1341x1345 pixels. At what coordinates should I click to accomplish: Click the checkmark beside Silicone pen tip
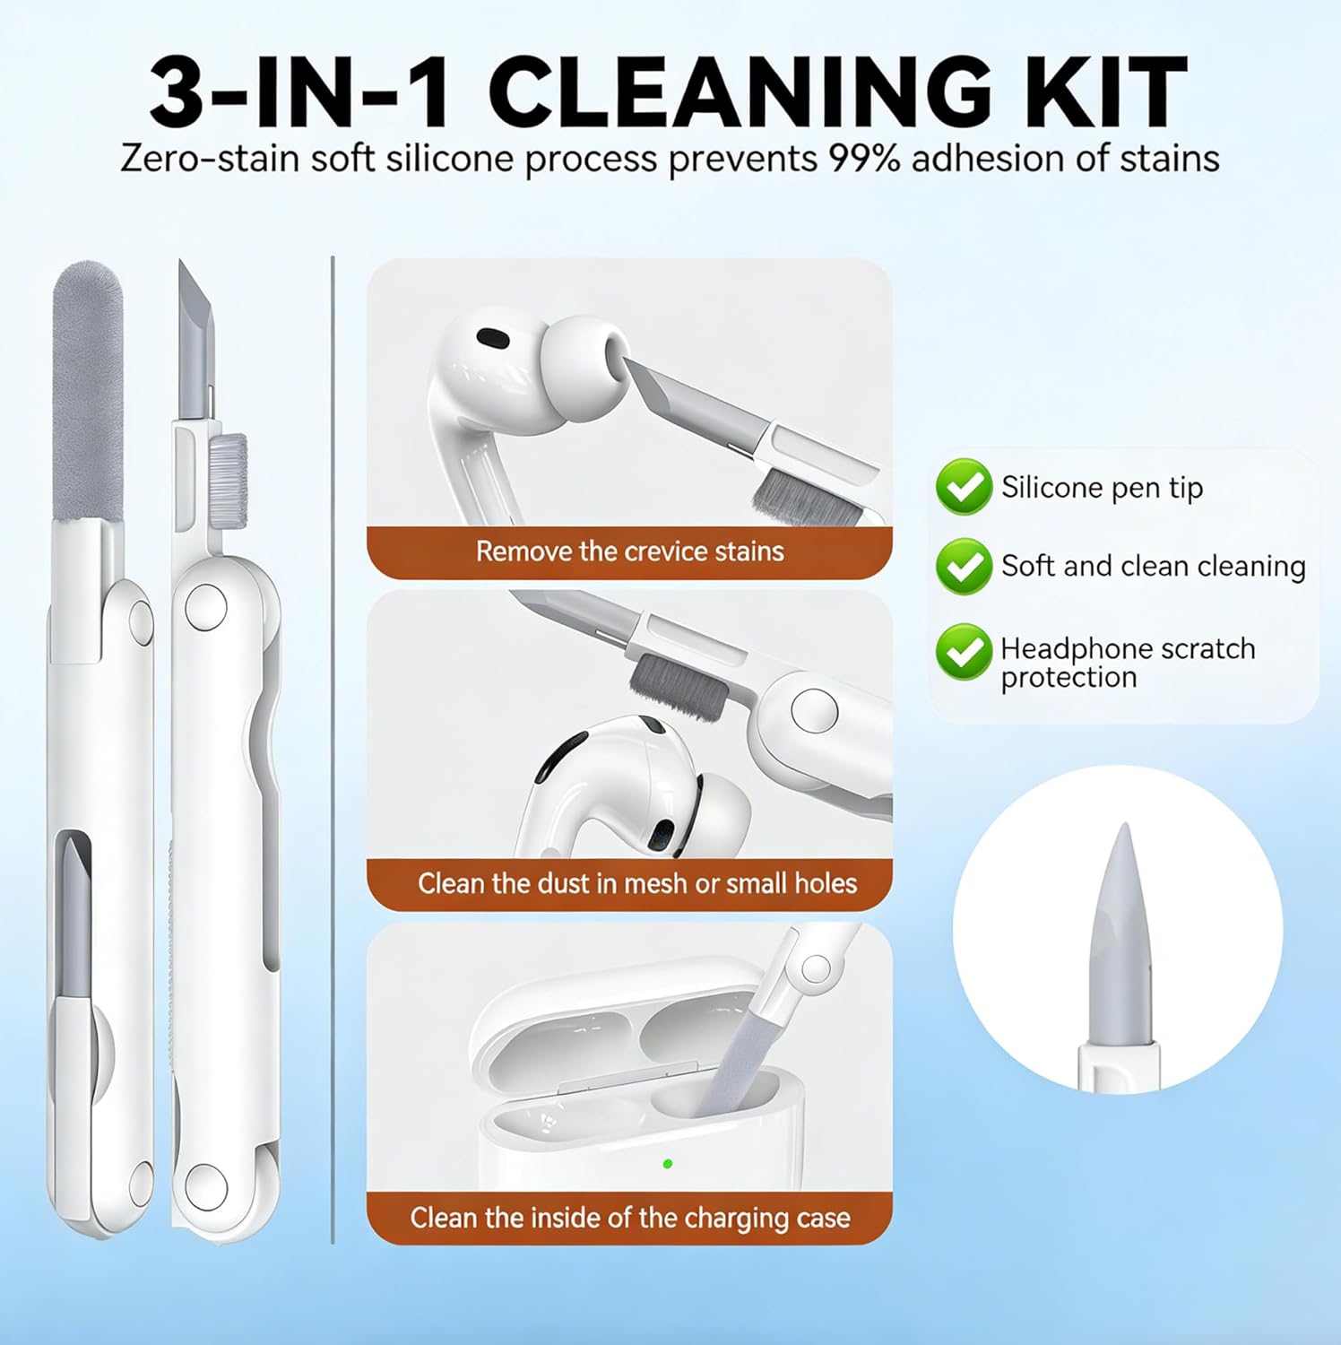(964, 487)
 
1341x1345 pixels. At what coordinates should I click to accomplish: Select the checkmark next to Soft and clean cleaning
(964, 566)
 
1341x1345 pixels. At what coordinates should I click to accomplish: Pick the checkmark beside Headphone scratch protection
(964, 652)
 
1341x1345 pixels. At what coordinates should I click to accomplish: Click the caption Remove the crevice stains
(629, 551)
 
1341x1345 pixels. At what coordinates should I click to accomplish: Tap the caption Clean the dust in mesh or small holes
(637, 883)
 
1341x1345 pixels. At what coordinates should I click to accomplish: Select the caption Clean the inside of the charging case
(630, 1218)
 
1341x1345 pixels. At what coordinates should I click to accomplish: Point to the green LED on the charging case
(667, 1164)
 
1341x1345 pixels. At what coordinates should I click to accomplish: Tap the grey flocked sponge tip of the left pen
(87, 391)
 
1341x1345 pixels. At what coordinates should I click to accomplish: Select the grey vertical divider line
(333, 750)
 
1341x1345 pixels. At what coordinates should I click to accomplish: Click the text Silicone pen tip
(1102, 488)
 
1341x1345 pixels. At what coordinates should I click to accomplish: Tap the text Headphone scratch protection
(1128, 663)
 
